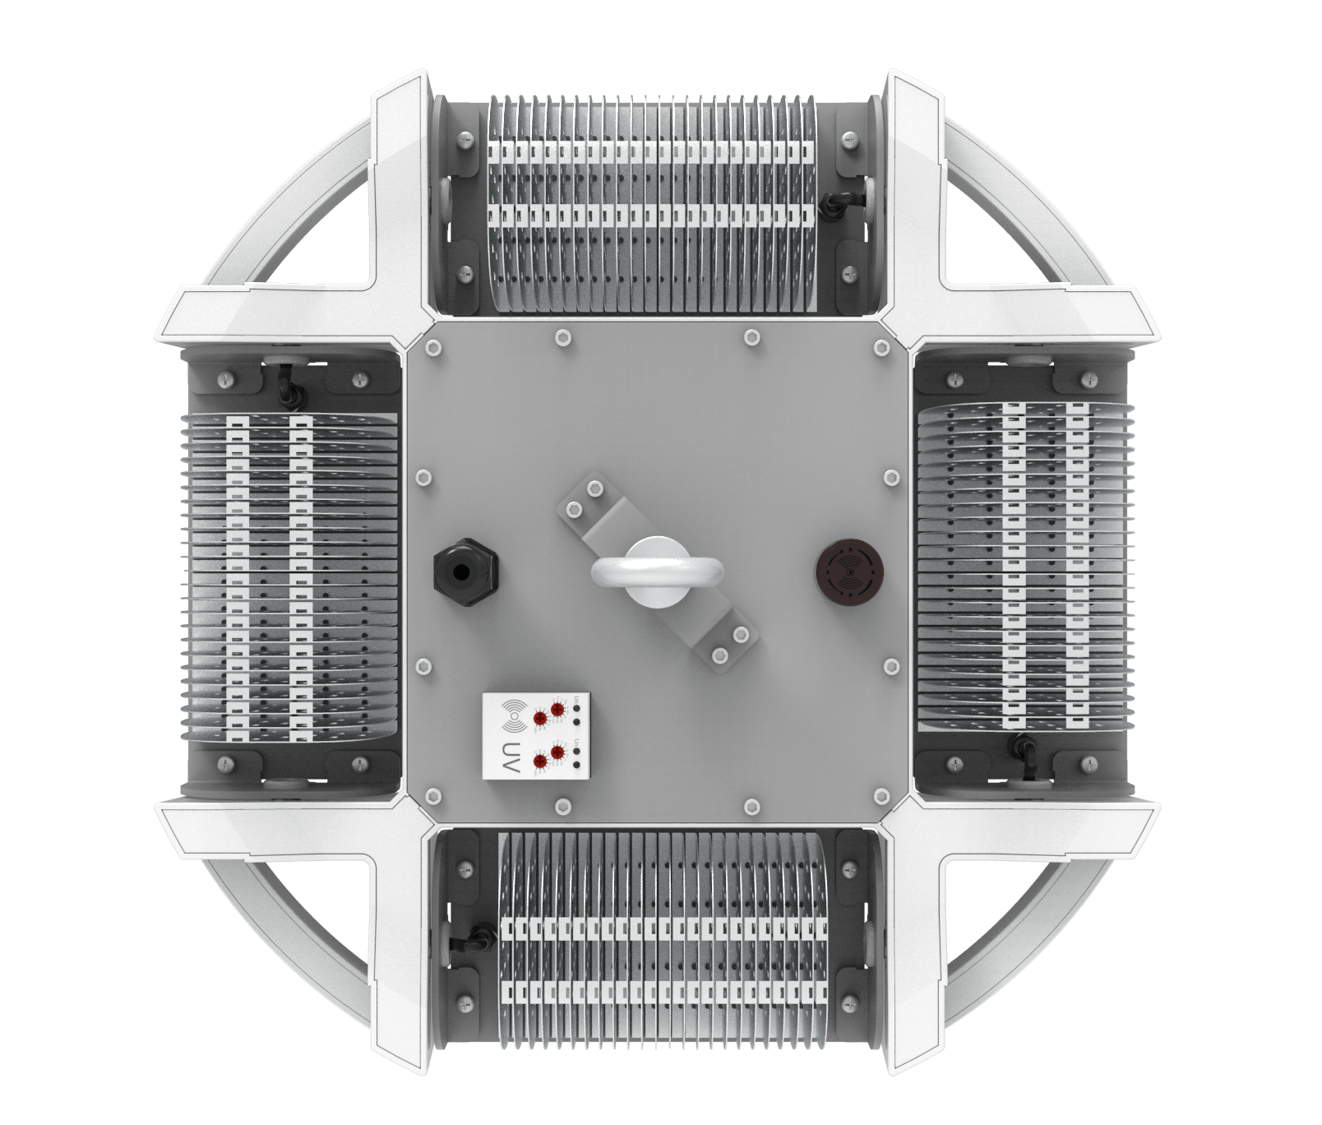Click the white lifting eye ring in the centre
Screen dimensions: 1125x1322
[x=656, y=571]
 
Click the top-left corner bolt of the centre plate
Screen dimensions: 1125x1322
[x=432, y=349]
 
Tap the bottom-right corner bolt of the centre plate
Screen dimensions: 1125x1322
[x=881, y=795]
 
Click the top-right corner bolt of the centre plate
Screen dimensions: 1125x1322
[x=881, y=349]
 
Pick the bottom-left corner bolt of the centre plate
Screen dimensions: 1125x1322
[x=432, y=795]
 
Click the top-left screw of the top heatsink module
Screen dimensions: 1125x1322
[x=467, y=141]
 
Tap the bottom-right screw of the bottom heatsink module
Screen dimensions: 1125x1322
[x=849, y=1002]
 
